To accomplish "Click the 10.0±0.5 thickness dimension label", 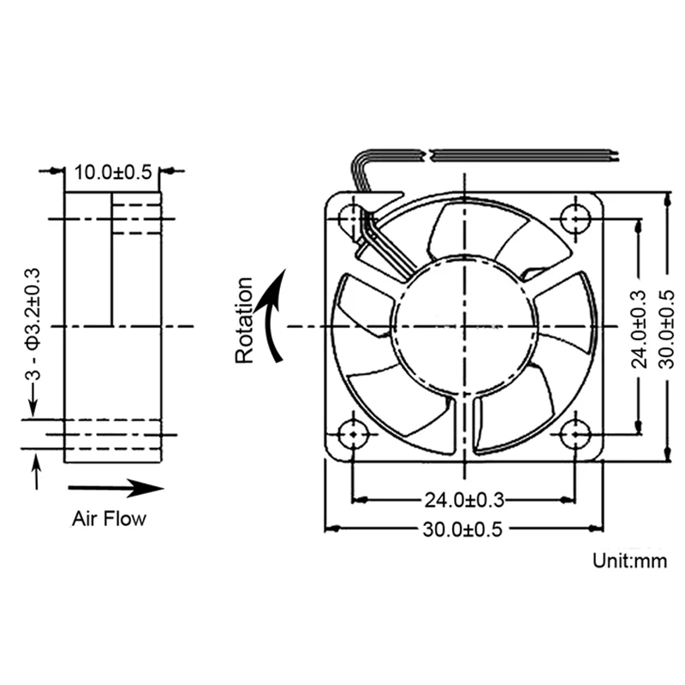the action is [x=113, y=172].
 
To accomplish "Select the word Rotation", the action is [x=244, y=319].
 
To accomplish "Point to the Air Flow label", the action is [x=110, y=519].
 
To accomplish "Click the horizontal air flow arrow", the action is [x=116, y=488].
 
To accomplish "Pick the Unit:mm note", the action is [x=629, y=561].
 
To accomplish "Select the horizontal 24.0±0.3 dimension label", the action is [x=464, y=500].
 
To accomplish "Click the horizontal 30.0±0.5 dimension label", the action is [x=462, y=529].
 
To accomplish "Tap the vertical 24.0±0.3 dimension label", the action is [x=639, y=329].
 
